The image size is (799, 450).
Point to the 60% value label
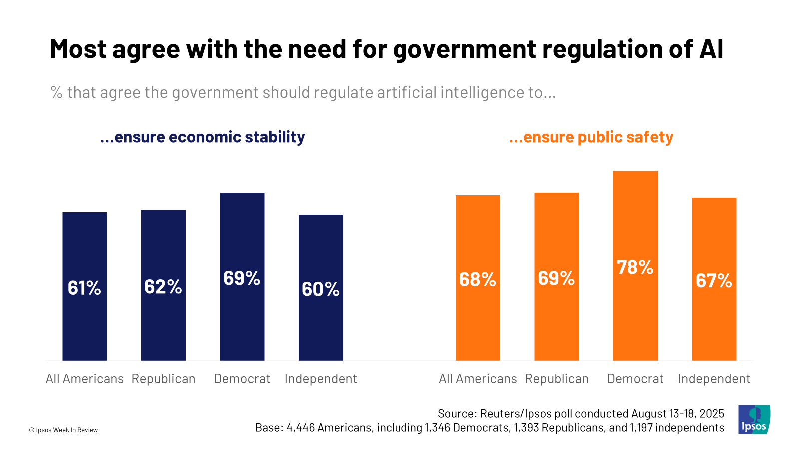[x=321, y=289]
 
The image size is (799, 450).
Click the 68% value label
[x=478, y=279]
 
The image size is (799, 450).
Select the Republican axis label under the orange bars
[x=557, y=379]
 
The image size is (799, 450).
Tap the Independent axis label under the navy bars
[x=321, y=379]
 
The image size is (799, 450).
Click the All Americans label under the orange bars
[x=478, y=379]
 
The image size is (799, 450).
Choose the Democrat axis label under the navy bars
[x=242, y=379]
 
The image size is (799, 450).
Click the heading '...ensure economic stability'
[x=202, y=137]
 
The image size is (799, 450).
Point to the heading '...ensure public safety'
[x=591, y=137]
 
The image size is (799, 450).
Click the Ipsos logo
[x=754, y=420]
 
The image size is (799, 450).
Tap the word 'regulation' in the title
[x=599, y=49]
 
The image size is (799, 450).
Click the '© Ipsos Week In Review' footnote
[x=63, y=430]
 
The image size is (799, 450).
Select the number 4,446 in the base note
[x=300, y=428]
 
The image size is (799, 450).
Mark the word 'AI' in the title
[x=711, y=49]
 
